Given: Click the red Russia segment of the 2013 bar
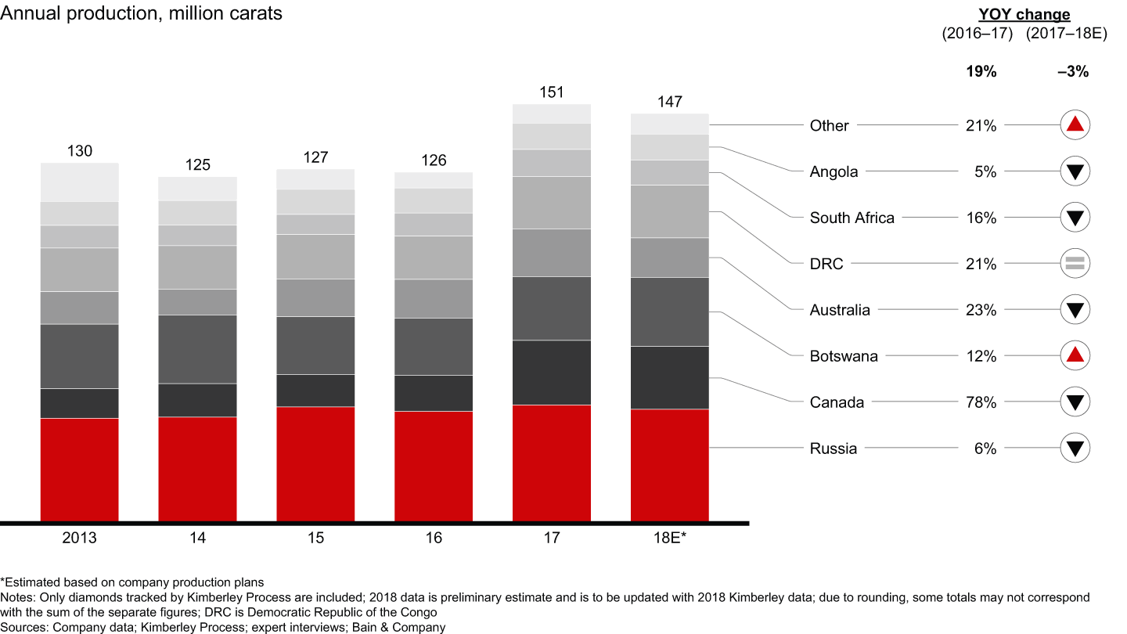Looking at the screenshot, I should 79,470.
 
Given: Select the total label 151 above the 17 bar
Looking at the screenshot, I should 552,92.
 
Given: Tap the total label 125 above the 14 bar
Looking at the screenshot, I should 198,165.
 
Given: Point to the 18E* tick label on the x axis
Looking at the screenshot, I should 669,539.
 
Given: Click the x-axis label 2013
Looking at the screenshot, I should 79,539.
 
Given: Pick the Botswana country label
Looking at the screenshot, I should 844,356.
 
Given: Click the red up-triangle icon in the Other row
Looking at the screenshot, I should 1075,124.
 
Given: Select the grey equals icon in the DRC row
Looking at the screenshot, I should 1075,264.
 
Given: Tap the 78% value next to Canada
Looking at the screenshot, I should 980,402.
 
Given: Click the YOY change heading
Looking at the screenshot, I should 1024,15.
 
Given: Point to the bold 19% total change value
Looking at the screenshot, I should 981,72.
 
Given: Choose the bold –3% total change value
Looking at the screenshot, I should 1073,72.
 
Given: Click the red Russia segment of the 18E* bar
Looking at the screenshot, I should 669,465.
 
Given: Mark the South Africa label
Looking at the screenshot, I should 852,218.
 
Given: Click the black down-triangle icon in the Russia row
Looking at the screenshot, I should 1075,448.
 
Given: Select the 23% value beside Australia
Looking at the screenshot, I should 980,310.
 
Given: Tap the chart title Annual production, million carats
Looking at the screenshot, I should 142,13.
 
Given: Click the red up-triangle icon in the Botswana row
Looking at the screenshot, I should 1075,356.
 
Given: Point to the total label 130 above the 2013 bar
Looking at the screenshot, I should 79,151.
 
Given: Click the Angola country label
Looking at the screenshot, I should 834,171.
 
